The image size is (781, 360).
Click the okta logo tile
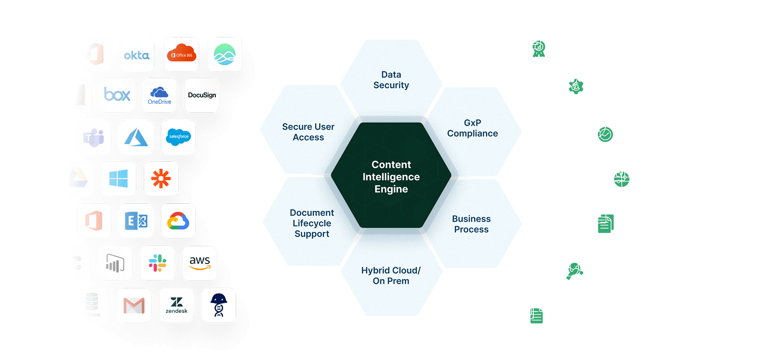(137, 55)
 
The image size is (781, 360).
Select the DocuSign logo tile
(201, 95)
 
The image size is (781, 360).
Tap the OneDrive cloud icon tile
(159, 95)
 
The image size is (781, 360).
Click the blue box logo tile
(117, 95)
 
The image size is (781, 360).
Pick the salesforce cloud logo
(178, 137)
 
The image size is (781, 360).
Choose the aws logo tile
(200, 263)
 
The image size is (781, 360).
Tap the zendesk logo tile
(177, 305)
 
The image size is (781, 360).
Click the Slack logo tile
(158, 263)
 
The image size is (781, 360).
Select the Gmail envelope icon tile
(134, 305)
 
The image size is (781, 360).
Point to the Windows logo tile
(119, 179)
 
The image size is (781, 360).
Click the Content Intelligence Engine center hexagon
(391, 177)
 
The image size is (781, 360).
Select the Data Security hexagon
(391, 79)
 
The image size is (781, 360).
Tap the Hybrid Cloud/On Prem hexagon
(391, 275)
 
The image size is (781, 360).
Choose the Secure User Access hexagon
(308, 132)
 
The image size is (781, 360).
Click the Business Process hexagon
(471, 224)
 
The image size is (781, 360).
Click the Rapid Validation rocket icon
(572, 84)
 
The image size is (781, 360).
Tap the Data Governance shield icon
(601, 131)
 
